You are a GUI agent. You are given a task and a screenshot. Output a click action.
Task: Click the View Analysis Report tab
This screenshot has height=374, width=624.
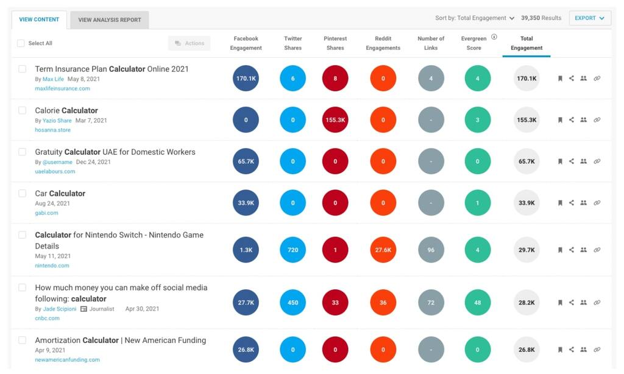pyautogui.click(x=109, y=19)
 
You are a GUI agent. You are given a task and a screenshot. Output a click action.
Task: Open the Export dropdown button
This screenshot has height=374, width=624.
pyautogui.click(x=589, y=18)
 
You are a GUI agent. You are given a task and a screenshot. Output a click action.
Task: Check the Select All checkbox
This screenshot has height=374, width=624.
pyautogui.click(x=21, y=43)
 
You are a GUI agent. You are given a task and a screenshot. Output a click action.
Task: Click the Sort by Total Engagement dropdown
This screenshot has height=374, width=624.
pyautogui.click(x=475, y=18)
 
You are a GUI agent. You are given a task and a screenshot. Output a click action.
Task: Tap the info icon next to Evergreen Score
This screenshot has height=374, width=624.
pyautogui.click(x=494, y=37)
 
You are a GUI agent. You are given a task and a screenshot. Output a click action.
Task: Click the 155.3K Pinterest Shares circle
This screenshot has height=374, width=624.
pyautogui.click(x=335, y=120)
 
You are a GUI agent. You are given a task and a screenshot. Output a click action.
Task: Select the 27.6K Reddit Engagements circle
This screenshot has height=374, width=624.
pyautogui.click(x=383, y=250)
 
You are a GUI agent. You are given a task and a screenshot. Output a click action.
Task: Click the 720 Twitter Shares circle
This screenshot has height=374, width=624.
pyautogui.click(x=293, y=250)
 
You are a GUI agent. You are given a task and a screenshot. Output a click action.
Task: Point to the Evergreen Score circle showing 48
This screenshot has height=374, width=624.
pyautogui.click(x=477, y=302)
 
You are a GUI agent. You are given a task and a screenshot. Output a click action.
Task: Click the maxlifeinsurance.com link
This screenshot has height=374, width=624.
pyautogui.click(x=62, y=88)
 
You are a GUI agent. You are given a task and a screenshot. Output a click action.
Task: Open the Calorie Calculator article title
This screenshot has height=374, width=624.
pyautogui.click(x=66, y=110)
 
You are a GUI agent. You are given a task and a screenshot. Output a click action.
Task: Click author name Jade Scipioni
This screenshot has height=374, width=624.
pyautogui.click(x=59, y=309)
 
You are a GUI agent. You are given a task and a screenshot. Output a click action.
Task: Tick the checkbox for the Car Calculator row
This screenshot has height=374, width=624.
pyautogui.click(x=23, y=193)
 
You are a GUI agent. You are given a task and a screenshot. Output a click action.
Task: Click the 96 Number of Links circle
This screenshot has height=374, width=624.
pyautogui.click(x=431, y=250)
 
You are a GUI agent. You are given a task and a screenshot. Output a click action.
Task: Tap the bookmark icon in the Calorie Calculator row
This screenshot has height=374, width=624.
pyautogui.click(x=560, y=120)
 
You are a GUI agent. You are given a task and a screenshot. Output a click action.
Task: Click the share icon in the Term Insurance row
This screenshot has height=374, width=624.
pyautogui.click(x=572, y=78)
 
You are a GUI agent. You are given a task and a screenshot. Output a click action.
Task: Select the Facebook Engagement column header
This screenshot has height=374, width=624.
pyautogui.click(x=246, y=43)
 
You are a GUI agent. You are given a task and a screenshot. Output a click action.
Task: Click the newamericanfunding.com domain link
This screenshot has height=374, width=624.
pyautogui.click(x=67, y=359)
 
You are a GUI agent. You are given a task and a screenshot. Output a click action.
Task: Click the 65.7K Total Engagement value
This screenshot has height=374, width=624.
pyautogui.click(x=526, y=161)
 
